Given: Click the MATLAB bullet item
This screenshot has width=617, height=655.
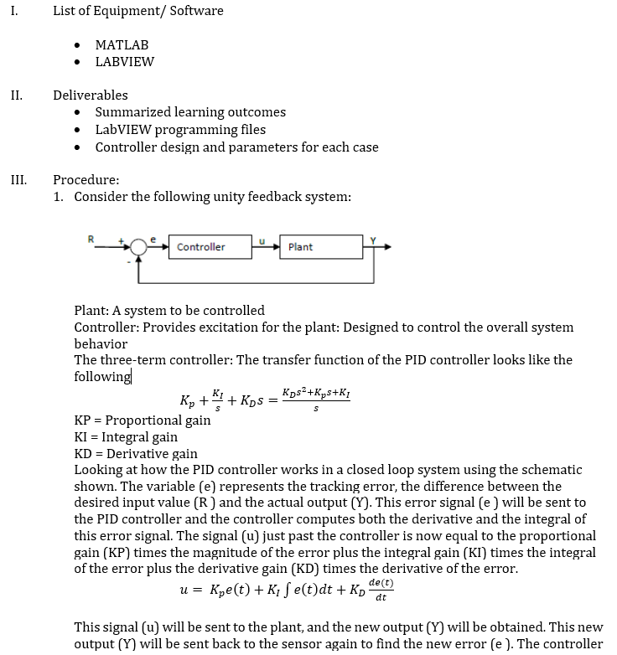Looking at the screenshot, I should click(122, 44).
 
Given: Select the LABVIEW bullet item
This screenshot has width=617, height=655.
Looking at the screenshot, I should click(124, 61).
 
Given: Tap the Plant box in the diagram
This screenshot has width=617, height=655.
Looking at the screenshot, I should click(309, 247).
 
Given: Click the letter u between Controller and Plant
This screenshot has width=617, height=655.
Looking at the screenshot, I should click(262, 240).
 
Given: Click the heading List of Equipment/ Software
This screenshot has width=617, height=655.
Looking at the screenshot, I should click(137, 11).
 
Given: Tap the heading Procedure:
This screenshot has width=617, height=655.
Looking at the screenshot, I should click(86, 179).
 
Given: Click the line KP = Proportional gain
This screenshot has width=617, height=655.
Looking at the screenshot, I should click(143, 420).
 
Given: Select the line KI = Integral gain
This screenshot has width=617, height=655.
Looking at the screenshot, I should click(126, 437).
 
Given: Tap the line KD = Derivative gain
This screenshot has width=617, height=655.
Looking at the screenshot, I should click(136, 454).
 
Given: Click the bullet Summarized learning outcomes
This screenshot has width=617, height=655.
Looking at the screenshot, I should click(190, 112).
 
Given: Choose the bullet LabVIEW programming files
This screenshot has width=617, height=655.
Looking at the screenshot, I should click(180, 130).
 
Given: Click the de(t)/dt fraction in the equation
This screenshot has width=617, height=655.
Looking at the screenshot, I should click(381, 590).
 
